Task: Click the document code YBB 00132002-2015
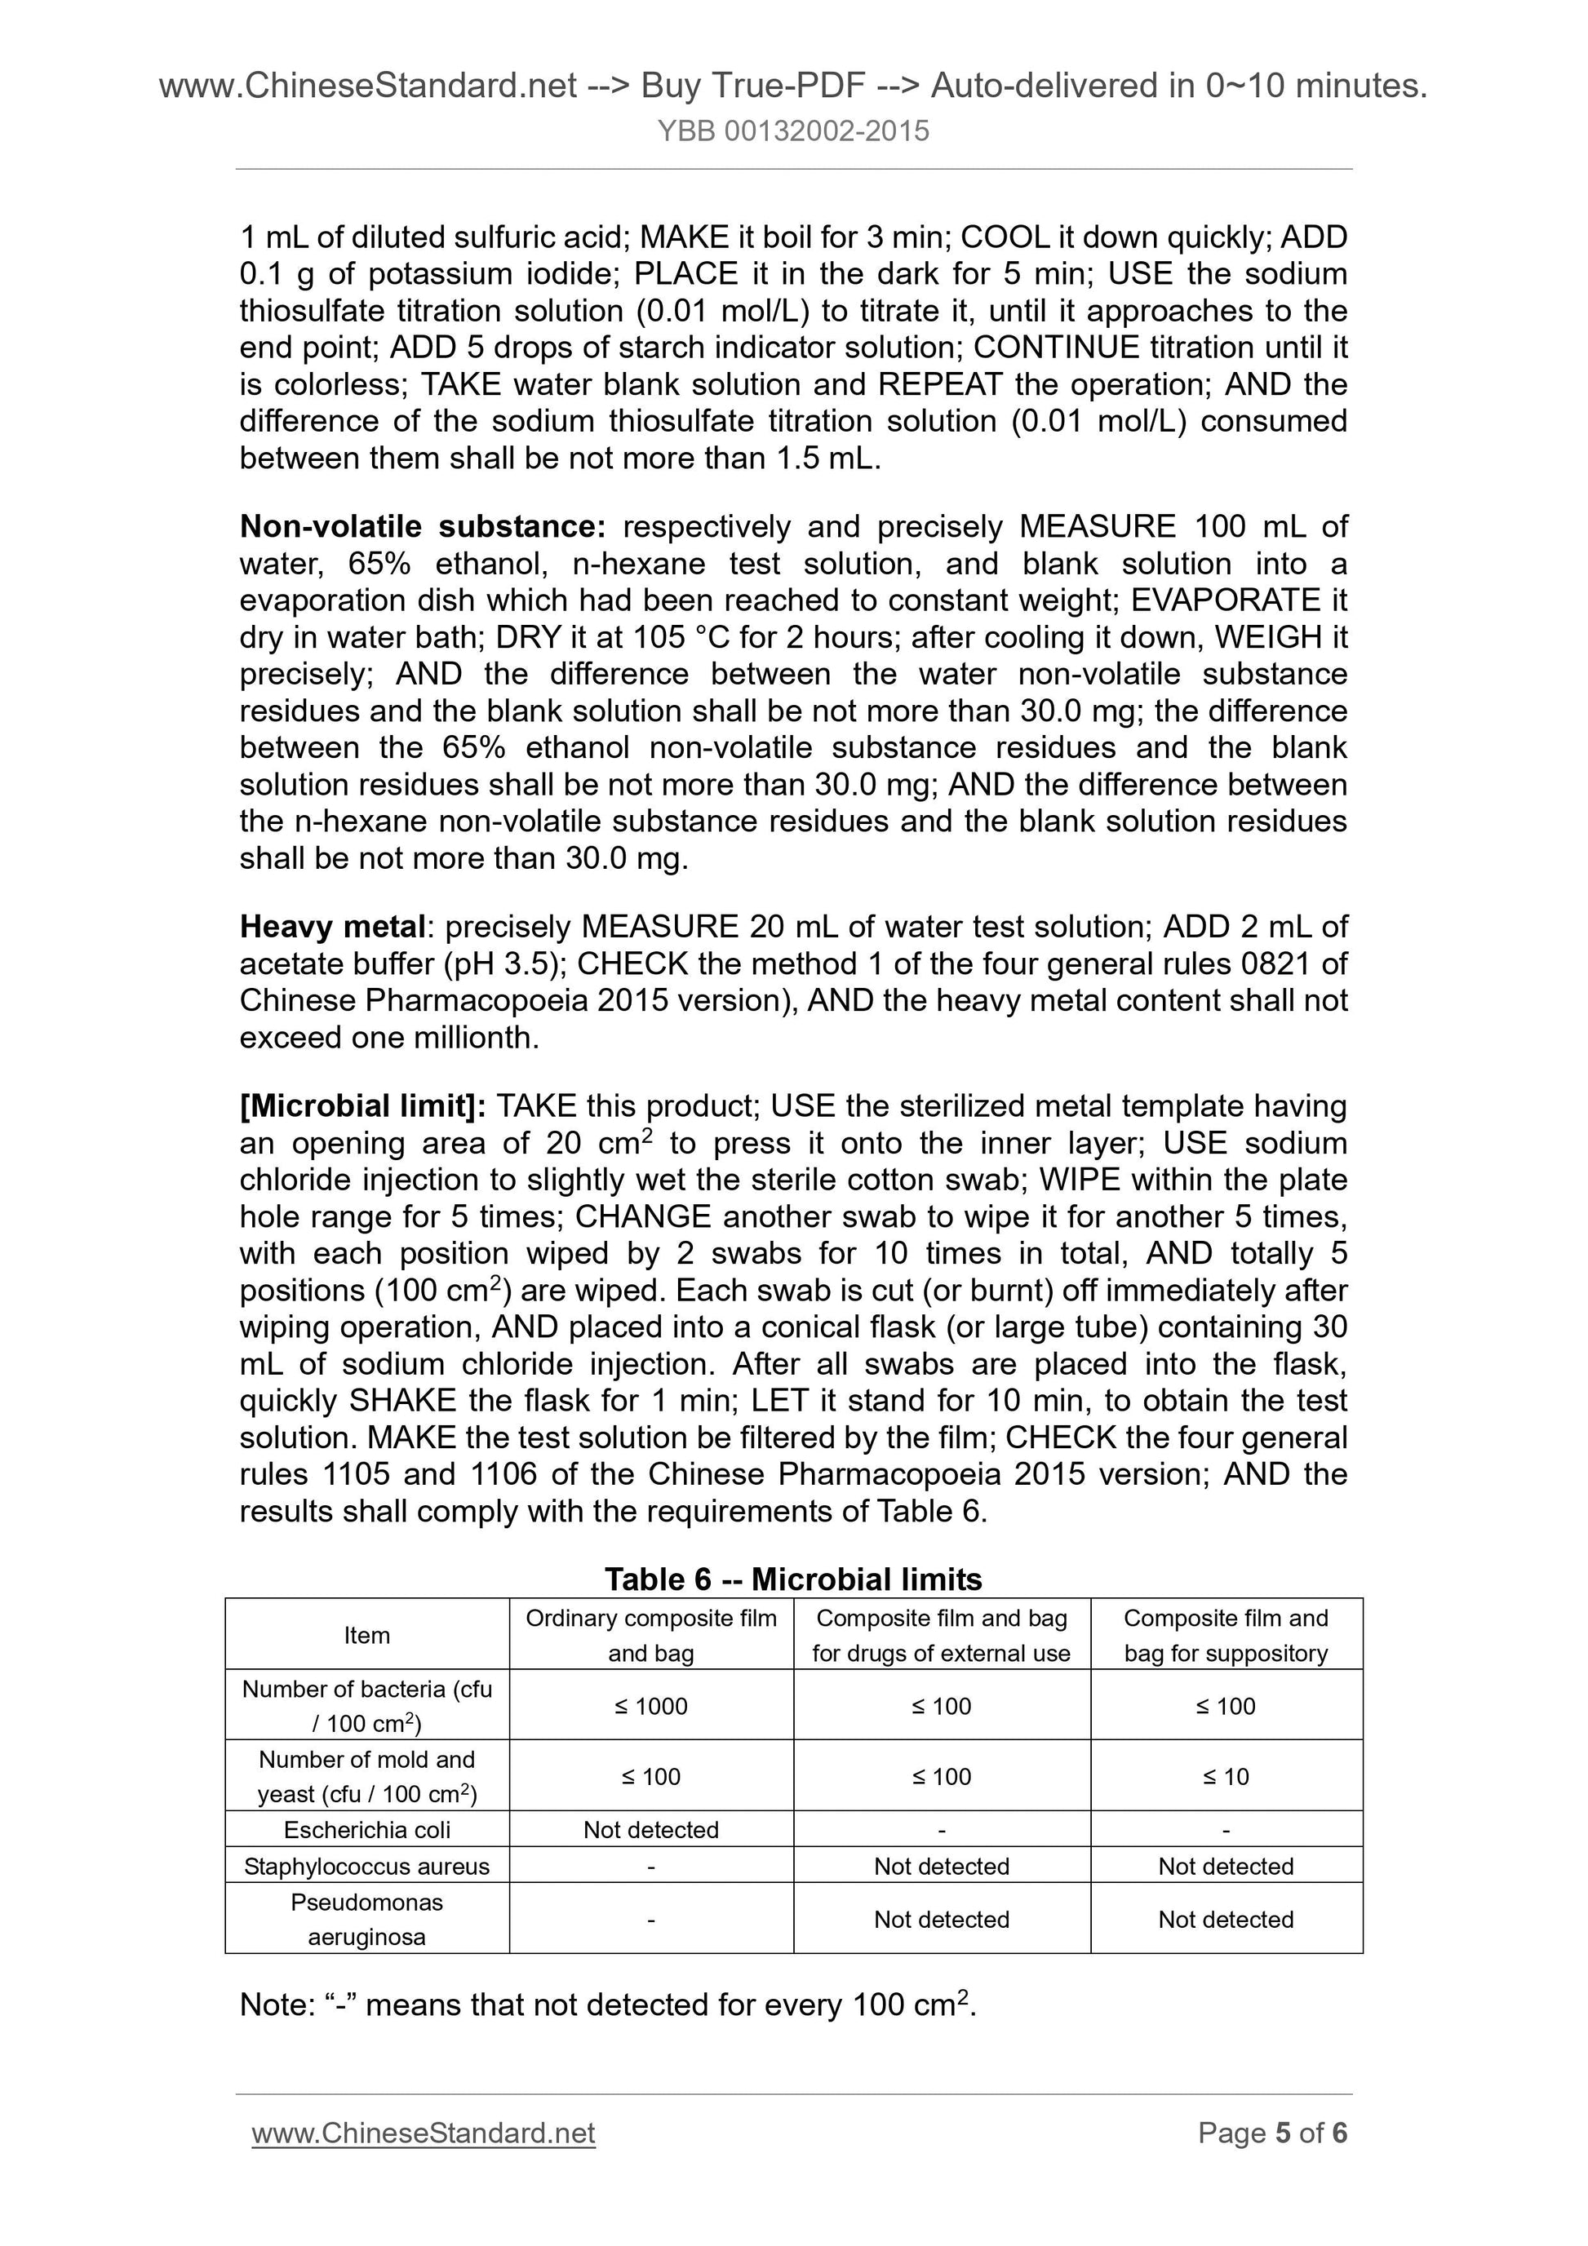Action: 792,131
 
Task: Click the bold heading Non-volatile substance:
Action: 423,527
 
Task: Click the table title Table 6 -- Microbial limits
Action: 792,1579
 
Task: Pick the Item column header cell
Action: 367,1636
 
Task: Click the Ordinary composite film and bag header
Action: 650,1636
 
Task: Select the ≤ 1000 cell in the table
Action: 650,1706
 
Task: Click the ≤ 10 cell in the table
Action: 1225,1776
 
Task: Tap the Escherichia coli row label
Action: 367,1830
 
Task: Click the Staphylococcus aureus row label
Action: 367,1867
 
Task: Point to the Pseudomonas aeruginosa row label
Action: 367,1920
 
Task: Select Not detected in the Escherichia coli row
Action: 650,1830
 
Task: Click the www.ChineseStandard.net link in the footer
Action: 423,2133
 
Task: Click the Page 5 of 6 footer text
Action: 1272,2133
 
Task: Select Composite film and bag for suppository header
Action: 1225,1636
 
